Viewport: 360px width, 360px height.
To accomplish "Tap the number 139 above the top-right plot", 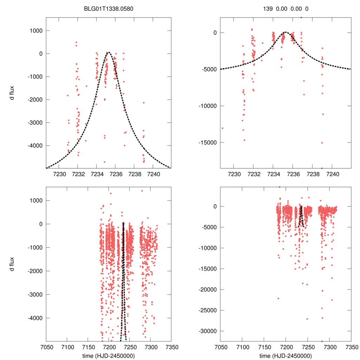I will pos(268,9).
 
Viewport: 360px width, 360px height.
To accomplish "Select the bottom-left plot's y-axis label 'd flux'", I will pos(12,264).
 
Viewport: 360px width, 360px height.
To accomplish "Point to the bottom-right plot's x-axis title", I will pos(285,356).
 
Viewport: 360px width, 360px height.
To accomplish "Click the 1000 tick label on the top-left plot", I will pos(35,31).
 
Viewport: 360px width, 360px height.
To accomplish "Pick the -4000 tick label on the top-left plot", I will pos(34,146).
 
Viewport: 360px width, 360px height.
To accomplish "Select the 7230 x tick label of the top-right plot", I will pos(234,174).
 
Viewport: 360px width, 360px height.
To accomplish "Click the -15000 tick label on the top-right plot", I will pos(208,142).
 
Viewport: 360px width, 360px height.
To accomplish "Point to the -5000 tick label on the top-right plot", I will pos(210,69).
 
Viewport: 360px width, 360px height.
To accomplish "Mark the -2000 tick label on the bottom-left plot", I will pos(34,271).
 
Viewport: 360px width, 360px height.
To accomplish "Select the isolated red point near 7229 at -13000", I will pos(223,128).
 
